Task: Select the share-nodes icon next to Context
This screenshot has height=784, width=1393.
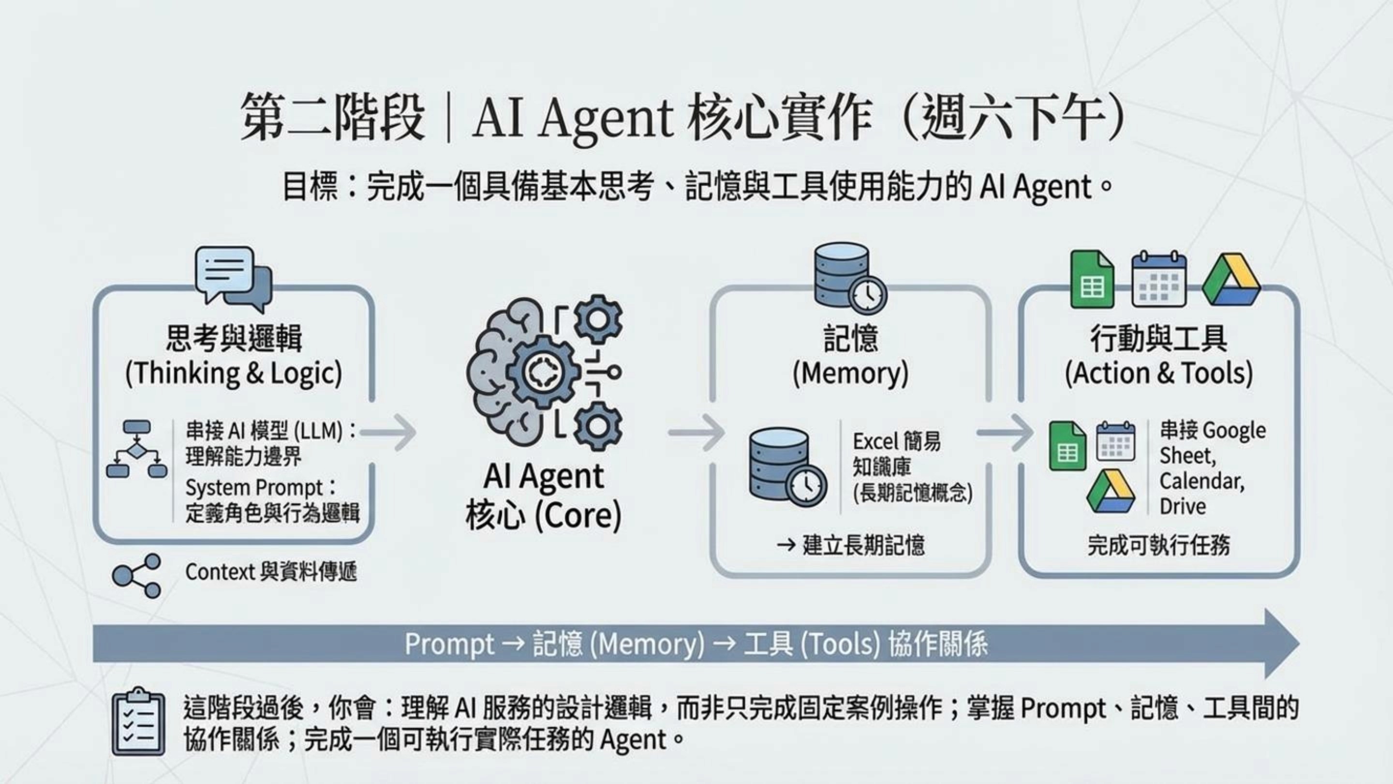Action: coord(136,575)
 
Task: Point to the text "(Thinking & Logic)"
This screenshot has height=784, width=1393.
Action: coord(234,373)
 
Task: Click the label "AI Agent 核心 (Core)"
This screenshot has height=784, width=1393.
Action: coord(544,495)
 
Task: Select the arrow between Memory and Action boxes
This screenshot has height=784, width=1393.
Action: coord(1005,432)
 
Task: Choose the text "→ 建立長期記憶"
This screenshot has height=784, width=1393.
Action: coord(850,545)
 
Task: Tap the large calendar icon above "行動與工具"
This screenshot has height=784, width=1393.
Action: coord(1159,279)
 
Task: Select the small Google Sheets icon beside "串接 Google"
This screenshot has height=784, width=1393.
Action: coord(1067,446)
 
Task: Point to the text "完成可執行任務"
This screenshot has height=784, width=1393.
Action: coord(1158,545)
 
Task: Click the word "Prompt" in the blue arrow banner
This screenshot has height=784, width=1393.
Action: coord(449,644)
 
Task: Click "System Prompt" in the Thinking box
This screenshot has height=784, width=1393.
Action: coord(254,488)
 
